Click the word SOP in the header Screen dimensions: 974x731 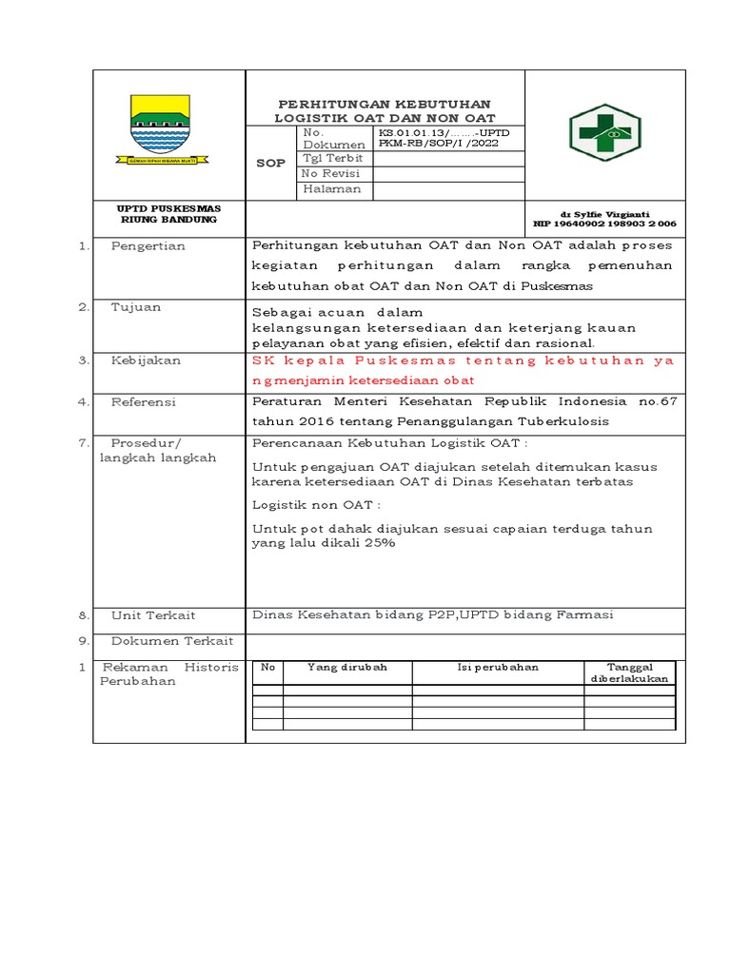click(271, 163)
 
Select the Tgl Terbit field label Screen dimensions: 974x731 click(333, 158)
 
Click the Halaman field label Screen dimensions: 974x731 click(332, 188)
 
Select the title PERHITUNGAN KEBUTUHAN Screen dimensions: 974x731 click(385, 104)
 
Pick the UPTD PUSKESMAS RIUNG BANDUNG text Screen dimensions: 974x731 click(168, 214)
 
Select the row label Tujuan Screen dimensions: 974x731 click(136, 307)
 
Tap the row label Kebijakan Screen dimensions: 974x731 click(145, 360)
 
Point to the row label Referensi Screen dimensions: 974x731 click(144, 402)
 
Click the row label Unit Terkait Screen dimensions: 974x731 click(153, 615)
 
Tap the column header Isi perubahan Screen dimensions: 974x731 click(497, 667)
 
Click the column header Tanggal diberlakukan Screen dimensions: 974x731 click(630, 672)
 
